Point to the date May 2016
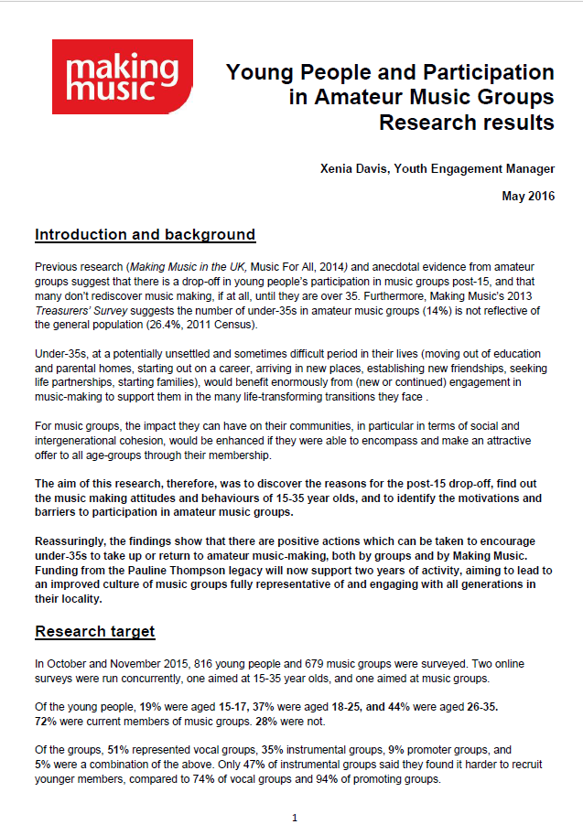[528, 196]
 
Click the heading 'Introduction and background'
[145, 235]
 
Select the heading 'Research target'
[94, 631]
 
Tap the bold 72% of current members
[48, 721]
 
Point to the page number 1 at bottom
[294, 817]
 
